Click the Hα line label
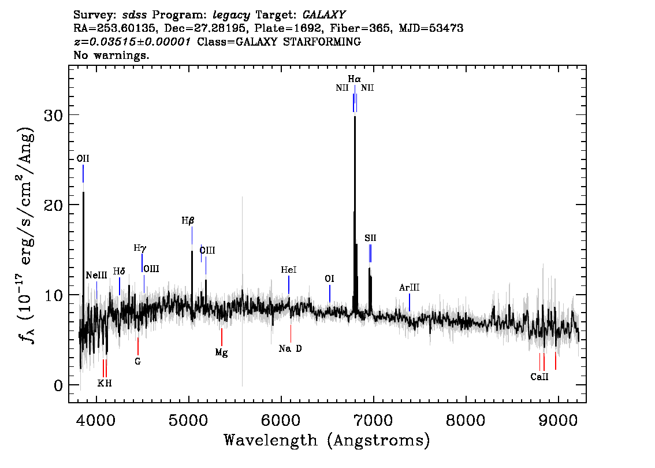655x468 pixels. tap(354, 79)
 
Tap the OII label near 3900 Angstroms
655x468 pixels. tap(83, 158)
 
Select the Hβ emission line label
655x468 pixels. tap(188, 221)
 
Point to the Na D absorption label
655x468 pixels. tap(291, 348)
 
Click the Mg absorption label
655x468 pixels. tap(221, 352)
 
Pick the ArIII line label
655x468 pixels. tap(409, 288)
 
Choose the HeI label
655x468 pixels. tap(289, 270)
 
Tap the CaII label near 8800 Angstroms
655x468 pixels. tap(539, 377)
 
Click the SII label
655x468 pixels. tap(370, 238)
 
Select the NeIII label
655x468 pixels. tap(96, 276)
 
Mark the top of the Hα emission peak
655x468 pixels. tap(355, 116)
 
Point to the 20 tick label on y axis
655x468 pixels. tap(54, 205)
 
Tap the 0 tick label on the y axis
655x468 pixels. tap(58, 385)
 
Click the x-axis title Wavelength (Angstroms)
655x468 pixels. tap(327, 440)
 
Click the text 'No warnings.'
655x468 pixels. tap(111, 55)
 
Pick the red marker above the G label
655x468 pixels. tap(138, 347)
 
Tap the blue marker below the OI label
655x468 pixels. tap(330, 294)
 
